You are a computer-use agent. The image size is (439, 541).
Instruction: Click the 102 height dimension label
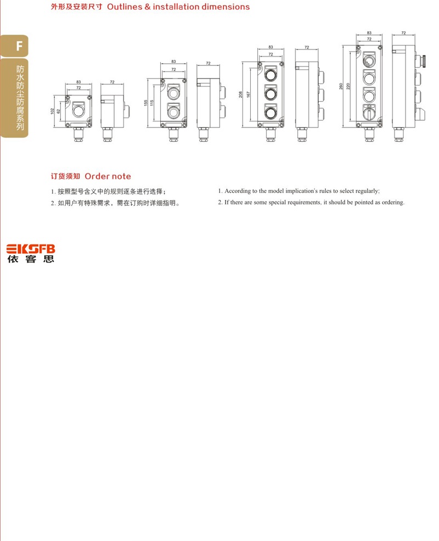pos(52,111)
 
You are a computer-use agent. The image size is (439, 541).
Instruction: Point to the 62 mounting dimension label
pos(59,111)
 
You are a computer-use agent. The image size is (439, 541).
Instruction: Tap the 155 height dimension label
pos(146,103)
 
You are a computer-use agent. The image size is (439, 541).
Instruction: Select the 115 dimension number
pos(152,103)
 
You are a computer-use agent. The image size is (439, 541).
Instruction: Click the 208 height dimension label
pos(240,94)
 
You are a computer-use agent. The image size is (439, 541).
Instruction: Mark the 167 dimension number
pos(248,94)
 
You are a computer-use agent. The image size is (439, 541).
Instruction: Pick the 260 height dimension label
pos(341,86)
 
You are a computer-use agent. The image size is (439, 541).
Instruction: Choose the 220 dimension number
pos(348,86)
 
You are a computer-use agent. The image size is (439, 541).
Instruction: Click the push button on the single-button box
pos(78,111)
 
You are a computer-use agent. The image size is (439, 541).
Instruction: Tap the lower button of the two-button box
pos(173,112)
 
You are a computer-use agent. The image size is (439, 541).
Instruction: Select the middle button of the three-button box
pos(271,93)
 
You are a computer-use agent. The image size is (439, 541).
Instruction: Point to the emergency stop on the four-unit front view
pos(369,62)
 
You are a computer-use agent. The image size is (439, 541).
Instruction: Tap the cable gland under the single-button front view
pos(78,135)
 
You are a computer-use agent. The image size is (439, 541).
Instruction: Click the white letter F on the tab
pos(19,46)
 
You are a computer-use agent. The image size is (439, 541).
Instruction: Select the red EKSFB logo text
pos(31,249)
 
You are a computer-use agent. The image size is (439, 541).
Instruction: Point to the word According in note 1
pos(238,191)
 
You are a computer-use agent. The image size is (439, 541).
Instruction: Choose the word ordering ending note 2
pos(393,203)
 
